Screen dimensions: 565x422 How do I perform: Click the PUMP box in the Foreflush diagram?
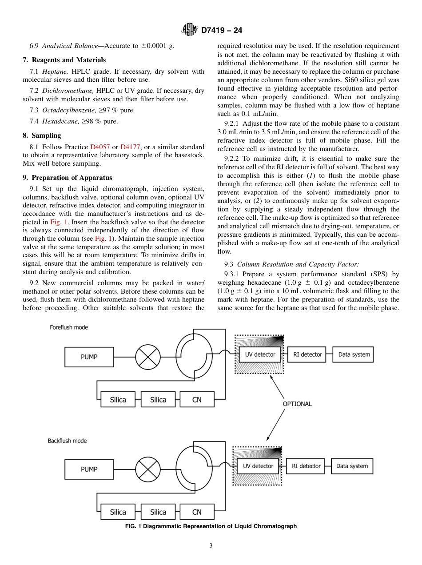[89, 357]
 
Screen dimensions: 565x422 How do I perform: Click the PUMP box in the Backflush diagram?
[89, 469]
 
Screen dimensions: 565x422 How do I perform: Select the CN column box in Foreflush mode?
[197, 400]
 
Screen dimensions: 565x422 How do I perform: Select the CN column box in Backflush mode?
[197, 512]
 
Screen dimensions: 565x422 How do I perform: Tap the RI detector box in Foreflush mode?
[308, 354]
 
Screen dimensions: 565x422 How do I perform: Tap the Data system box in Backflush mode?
[352, 466]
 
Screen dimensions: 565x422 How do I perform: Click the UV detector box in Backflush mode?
[258, 466]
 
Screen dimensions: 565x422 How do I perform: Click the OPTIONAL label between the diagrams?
[297, 404]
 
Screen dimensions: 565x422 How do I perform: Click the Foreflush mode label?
[69, 327]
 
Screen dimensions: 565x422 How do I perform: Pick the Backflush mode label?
[67, 441]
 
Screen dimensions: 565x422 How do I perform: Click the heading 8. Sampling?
[42, 135]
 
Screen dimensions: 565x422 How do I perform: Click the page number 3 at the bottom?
[211, 546]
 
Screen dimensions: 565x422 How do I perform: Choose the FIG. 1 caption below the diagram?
[211, 526]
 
